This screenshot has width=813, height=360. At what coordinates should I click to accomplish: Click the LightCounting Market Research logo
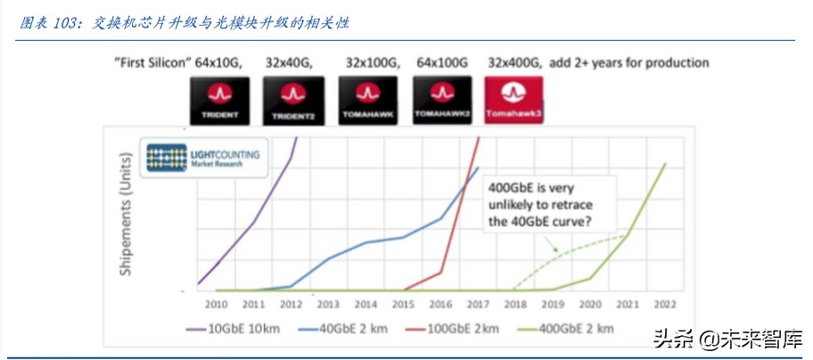(x=203, y=159)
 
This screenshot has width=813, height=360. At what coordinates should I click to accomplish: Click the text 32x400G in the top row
(x=514, y=63)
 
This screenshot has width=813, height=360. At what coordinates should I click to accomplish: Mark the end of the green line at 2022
(x=664, y=163)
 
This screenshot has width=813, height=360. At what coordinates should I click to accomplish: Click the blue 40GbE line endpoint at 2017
(x=479, y=167)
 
